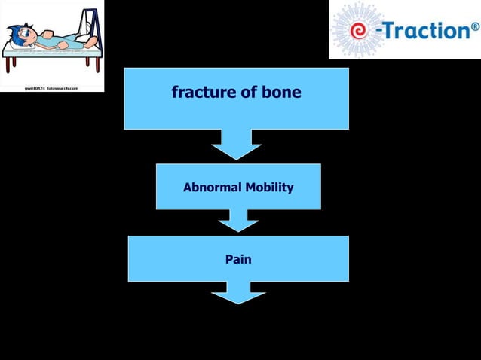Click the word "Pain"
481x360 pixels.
pyautogui.click(x=238, y=259)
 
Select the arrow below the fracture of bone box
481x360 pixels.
pyautogui.click(x=237, y=144)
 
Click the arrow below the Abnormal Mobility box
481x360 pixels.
pyautogui.click(x=238, y=220)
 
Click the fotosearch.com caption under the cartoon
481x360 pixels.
pyautogui.click(x=52, y=87)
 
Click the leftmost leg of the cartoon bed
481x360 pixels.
pyautogui.click(x=7, y=66)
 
